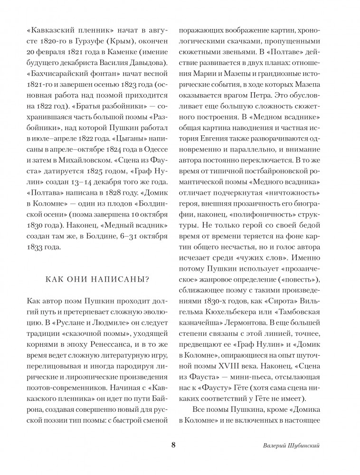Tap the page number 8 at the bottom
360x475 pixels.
pyautogui.click(x=173, y=445)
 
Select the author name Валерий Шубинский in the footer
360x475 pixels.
pyautogui.click(x=293, y=446)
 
